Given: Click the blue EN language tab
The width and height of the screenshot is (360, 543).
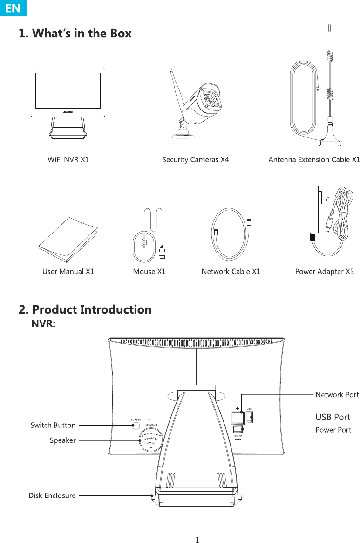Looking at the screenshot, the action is [13, 7].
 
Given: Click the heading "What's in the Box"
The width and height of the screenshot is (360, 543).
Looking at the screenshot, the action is [82, 33].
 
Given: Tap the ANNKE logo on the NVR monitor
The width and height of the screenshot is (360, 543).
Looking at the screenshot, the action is [68, 112].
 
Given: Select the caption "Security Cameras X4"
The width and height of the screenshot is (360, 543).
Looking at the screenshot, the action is [195, 160].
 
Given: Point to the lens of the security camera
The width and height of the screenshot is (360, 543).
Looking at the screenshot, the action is [210, 100].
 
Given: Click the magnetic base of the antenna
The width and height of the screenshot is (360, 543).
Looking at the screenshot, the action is [330, 142].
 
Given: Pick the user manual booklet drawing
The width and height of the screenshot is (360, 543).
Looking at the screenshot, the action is [68, 240].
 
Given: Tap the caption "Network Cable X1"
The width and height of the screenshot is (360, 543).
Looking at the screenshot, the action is [231, 271].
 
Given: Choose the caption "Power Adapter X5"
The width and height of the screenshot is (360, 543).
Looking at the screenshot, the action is [324, 271].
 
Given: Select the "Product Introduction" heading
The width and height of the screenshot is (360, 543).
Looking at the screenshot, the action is [92, 309].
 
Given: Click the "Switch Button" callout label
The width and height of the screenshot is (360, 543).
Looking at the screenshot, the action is [53, 425].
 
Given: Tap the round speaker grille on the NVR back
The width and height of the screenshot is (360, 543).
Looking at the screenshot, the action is [151, 440].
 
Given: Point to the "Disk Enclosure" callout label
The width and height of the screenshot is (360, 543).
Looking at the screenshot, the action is [52, 495].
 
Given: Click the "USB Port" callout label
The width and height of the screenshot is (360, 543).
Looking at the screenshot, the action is [333, 417].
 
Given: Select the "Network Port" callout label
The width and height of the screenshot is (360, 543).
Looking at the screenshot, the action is [337, 395].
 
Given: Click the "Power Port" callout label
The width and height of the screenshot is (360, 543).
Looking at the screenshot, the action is [333, 430].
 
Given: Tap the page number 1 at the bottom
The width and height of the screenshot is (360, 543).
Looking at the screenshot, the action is [197, 540].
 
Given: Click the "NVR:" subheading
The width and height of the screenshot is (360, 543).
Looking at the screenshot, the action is [43, 324].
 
